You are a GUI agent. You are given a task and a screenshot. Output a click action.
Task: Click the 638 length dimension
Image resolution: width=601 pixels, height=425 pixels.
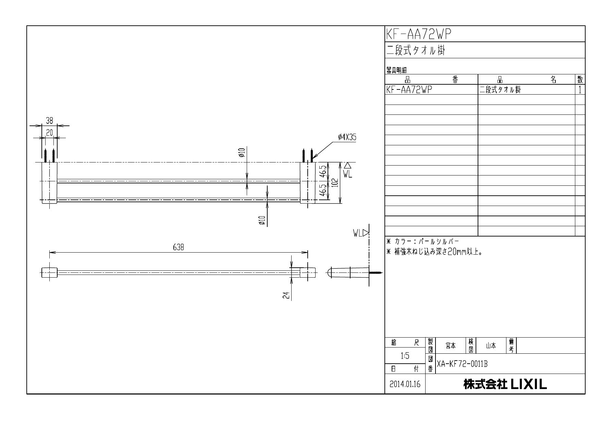[x=179, y=247]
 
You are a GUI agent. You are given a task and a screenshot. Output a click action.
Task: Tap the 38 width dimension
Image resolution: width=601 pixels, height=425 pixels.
[x=49, y=121]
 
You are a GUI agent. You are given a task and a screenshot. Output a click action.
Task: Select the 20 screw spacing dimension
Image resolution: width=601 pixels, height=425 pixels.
[x=49, y=133]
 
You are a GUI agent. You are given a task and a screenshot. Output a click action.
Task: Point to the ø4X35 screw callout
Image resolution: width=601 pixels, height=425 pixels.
[x=347, y=137]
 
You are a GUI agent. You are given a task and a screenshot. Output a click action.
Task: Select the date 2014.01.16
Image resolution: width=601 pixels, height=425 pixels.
[x=405, y=384]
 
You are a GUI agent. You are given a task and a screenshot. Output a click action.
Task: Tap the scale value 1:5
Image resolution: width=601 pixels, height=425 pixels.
[x=405, y=356]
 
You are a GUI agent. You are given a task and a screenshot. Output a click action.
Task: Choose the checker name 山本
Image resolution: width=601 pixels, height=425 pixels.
[x=491, y=346]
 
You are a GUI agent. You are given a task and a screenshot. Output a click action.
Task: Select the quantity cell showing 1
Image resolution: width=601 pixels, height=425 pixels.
[x=580, y=90]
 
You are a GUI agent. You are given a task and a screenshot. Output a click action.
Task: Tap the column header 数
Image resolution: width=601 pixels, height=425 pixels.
[x=580, y=80]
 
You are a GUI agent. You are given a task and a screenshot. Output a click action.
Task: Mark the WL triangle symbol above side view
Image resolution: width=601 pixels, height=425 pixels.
[x=366, y=233]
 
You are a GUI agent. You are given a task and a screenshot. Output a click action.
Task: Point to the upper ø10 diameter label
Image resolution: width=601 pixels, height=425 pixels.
[x=242, y=153]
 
